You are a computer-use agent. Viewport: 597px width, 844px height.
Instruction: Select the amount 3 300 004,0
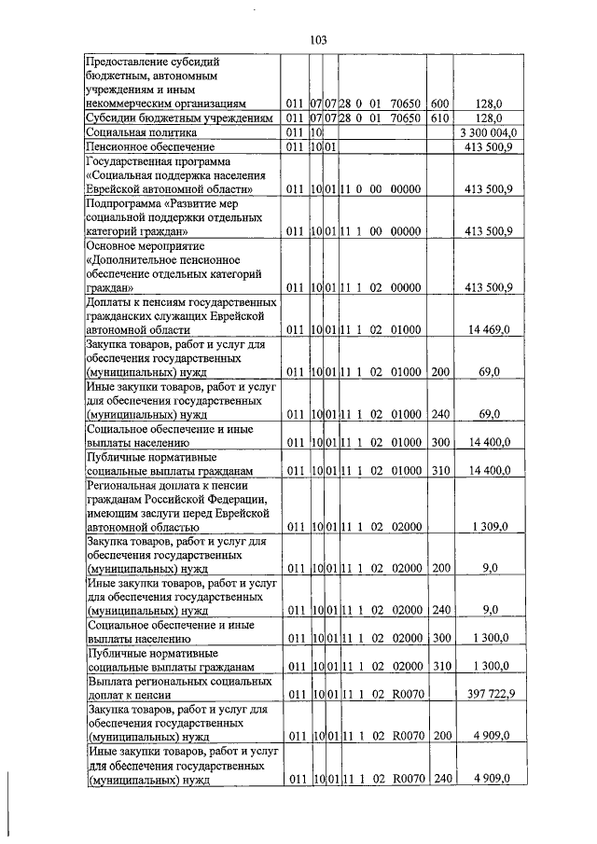click(x=488, y=133)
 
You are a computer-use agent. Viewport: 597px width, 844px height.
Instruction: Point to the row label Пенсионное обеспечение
click(x=150, y=147)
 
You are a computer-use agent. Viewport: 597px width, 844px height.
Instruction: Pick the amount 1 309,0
click(x=490, y=527)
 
